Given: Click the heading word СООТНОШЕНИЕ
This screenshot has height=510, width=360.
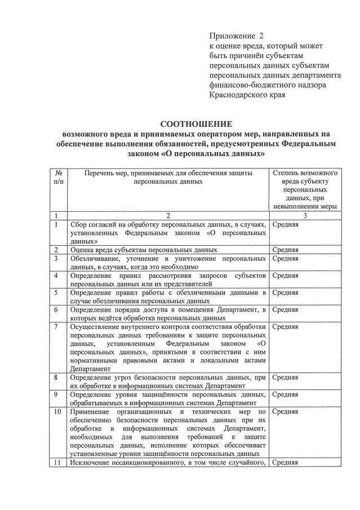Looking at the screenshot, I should tap(195, 123).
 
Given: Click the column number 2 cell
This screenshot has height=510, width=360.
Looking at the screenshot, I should tap(168, 215).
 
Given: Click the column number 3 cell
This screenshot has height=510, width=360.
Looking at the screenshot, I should tap(305, 215).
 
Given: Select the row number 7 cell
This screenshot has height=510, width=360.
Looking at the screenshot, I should tap(57, 326).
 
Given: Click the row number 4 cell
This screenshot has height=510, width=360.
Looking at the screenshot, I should tap(57, 276).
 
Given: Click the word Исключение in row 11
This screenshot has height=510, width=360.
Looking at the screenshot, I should tap(92, 463).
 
